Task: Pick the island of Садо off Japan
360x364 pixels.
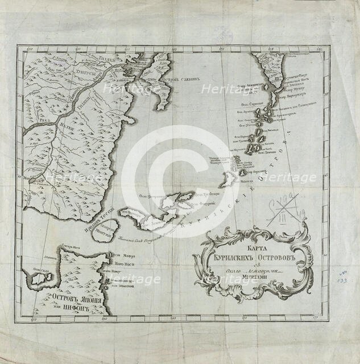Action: (x=40, y=279)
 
